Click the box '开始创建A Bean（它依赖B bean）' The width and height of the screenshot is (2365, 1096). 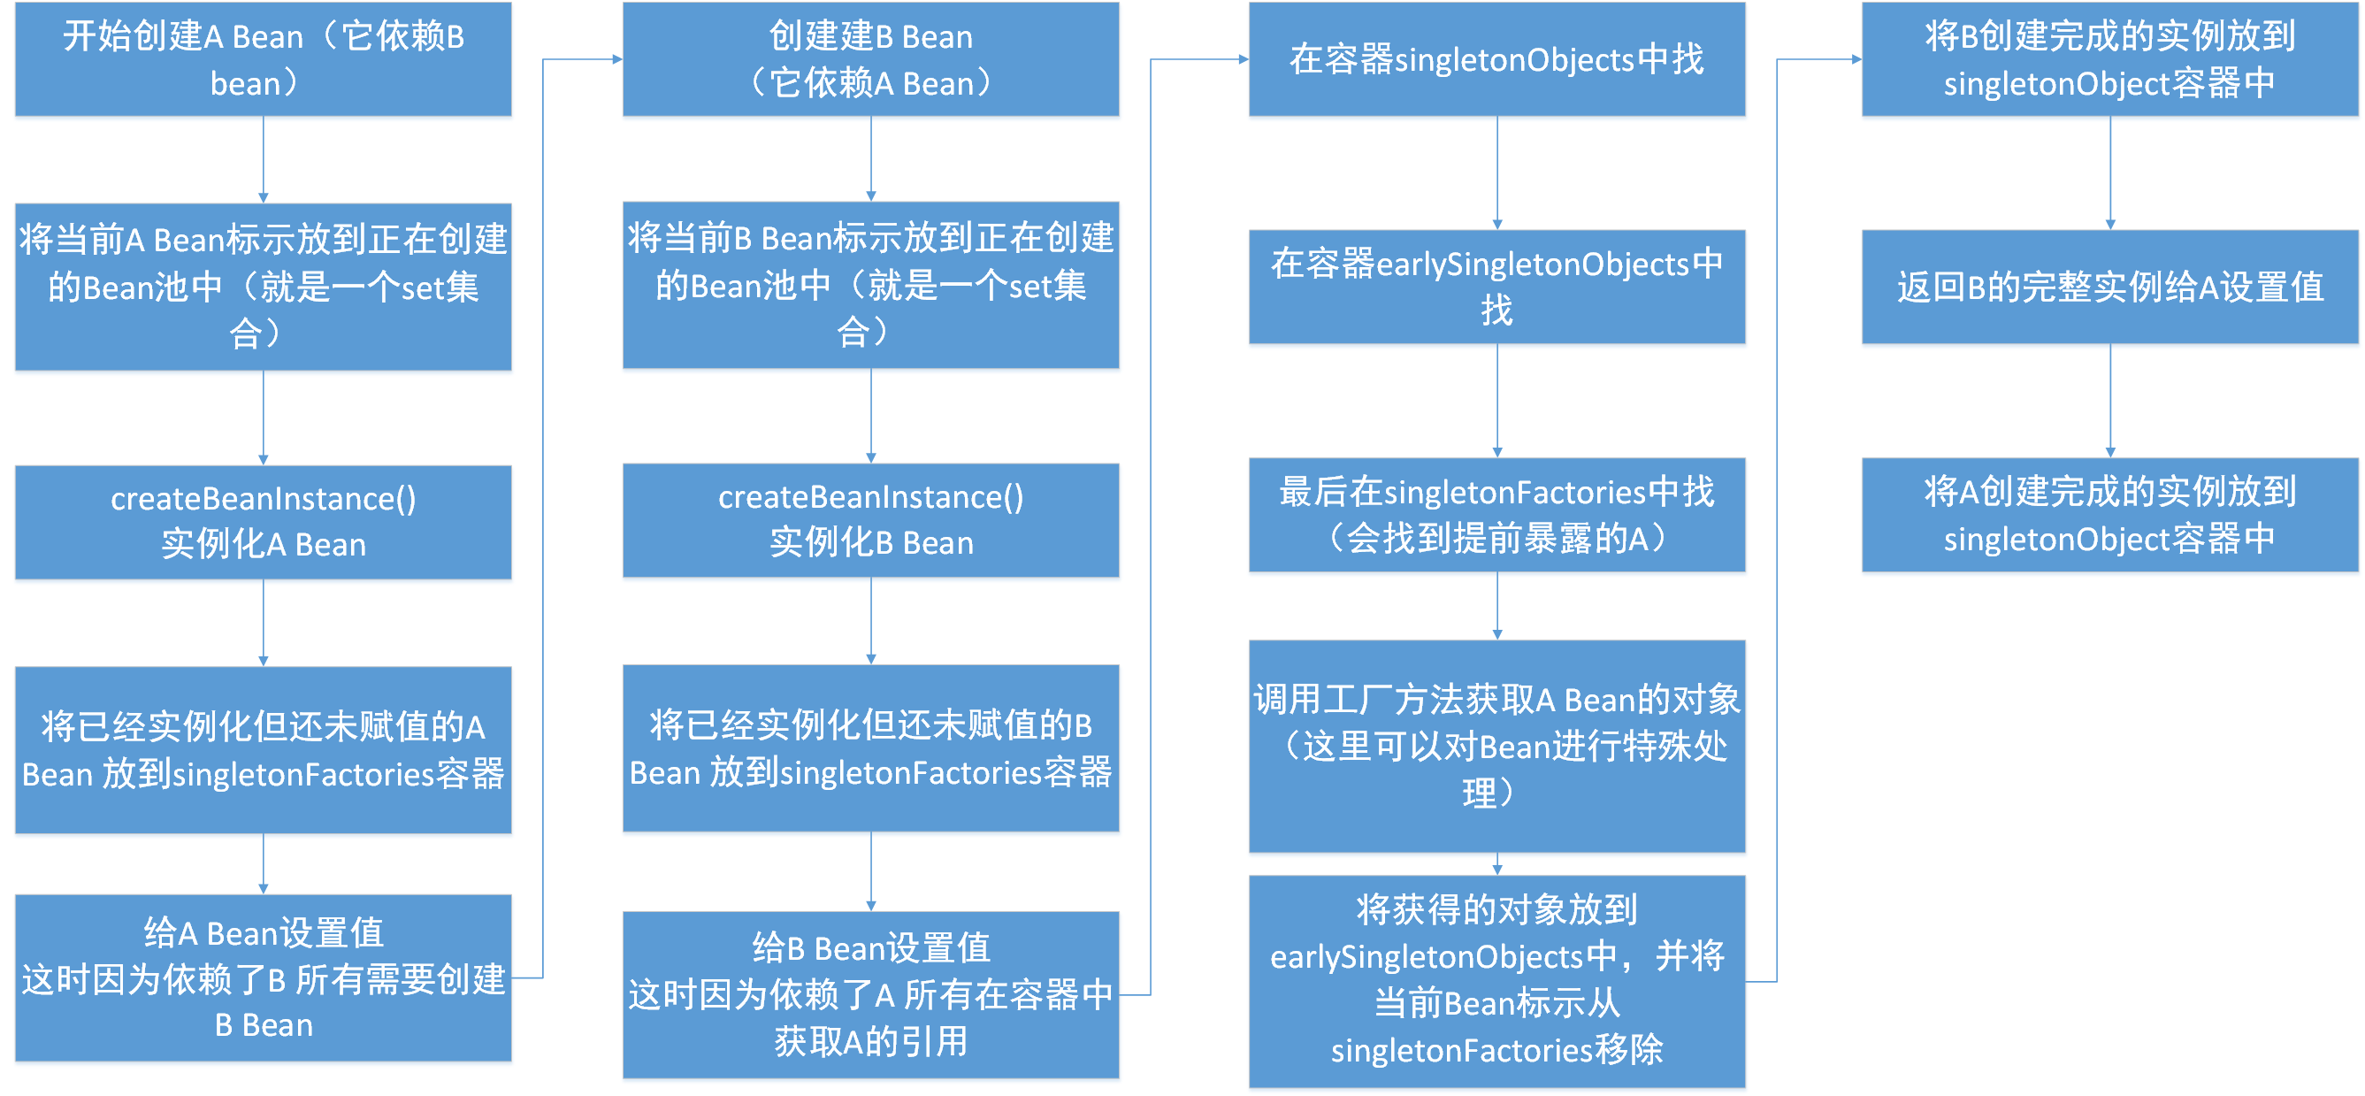coord(264,58)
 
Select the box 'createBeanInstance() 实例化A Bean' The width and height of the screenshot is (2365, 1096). coord(264,521)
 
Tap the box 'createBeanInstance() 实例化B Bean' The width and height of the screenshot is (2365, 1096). coord(870,519)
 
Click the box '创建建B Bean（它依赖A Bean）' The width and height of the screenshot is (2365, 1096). coord(870,58)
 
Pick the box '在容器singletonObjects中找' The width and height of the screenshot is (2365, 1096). coord(1496,58)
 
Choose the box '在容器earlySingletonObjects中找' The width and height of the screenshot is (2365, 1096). coord(1496,287)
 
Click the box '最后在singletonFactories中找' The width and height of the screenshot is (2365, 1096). coord(1496,514)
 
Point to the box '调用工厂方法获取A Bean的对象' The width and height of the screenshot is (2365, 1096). coord(1496,746)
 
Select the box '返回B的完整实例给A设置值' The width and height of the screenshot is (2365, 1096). coord(2109,287)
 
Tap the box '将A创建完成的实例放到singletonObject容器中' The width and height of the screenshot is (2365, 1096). coord(2109,514)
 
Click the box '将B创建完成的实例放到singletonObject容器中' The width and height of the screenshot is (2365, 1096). coord(2109,58)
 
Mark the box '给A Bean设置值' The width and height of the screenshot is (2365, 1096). coord(264,977)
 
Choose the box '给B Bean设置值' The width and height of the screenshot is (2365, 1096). coord(870,994)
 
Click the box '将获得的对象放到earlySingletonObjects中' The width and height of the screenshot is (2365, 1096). coord(1496,980)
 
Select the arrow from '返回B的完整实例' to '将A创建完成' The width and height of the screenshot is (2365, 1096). coord(2110,399)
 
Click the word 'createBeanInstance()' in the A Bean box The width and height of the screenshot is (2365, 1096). coord(264,498)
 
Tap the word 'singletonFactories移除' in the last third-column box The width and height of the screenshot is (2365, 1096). coord(1496,1050)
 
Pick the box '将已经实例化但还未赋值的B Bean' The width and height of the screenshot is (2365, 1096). coord(870,748)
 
